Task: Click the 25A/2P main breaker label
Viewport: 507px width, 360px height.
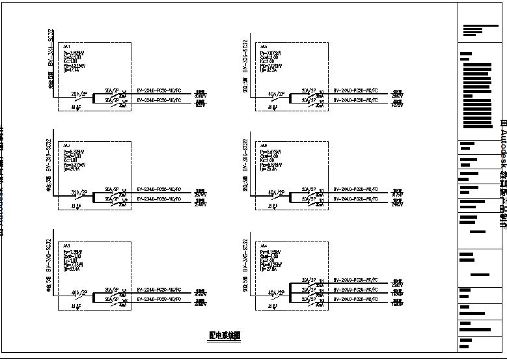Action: click(78, 94)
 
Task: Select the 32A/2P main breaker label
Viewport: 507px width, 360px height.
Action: click(78, 193)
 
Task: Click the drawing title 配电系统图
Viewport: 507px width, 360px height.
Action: click(225, 336)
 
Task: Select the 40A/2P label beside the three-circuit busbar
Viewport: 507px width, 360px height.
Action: click(275, 292)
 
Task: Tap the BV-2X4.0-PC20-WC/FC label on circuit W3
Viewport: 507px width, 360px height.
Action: click(355, 298)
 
